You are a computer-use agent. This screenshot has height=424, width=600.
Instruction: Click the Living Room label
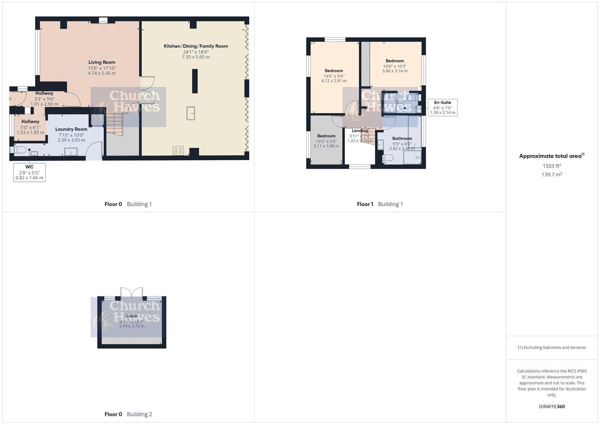coord(102,62)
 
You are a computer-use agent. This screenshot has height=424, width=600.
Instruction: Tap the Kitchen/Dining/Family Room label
coord(196,46)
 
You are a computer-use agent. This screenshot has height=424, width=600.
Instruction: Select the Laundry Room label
coord(71,129)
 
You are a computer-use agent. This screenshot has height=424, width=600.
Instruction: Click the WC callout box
coord(29,172)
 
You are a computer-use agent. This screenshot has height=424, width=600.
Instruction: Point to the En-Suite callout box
coord(442,108)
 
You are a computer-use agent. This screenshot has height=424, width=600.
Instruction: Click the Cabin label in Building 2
coord(132,316)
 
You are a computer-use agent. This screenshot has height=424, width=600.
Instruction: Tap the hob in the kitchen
coord(178,150)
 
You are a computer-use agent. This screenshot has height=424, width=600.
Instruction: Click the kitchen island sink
coord(191,113)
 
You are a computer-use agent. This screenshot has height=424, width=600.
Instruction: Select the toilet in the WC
coord(20,150)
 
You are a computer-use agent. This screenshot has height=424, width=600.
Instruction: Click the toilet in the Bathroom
coord(387,158)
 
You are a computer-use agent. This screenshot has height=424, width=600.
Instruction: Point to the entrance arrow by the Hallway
coord(10,99)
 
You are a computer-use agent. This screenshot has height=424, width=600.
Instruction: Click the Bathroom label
coord(402,139)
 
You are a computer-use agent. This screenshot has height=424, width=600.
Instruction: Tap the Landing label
coord(360,131)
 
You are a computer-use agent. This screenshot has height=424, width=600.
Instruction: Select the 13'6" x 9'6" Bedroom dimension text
coord(334,76)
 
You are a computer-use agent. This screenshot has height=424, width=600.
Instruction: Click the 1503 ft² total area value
coord(552,166)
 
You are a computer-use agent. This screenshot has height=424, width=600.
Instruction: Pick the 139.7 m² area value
coord(552,174)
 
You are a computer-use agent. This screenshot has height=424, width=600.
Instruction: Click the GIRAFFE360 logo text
coord(552,407)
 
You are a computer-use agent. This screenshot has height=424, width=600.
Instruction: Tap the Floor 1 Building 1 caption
coord(380,204)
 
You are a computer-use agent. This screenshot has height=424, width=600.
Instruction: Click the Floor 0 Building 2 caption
coord(128,414)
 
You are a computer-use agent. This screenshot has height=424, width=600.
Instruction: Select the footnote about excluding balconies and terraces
coord(552,347)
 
